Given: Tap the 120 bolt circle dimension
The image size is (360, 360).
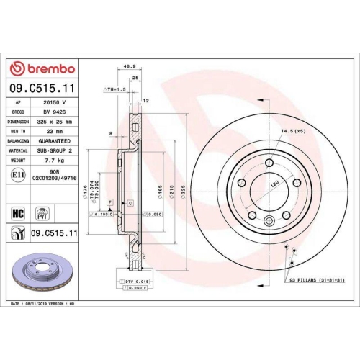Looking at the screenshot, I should (x=274, y=184).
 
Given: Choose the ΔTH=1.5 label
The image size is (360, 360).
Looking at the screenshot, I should (x=115, y=89).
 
